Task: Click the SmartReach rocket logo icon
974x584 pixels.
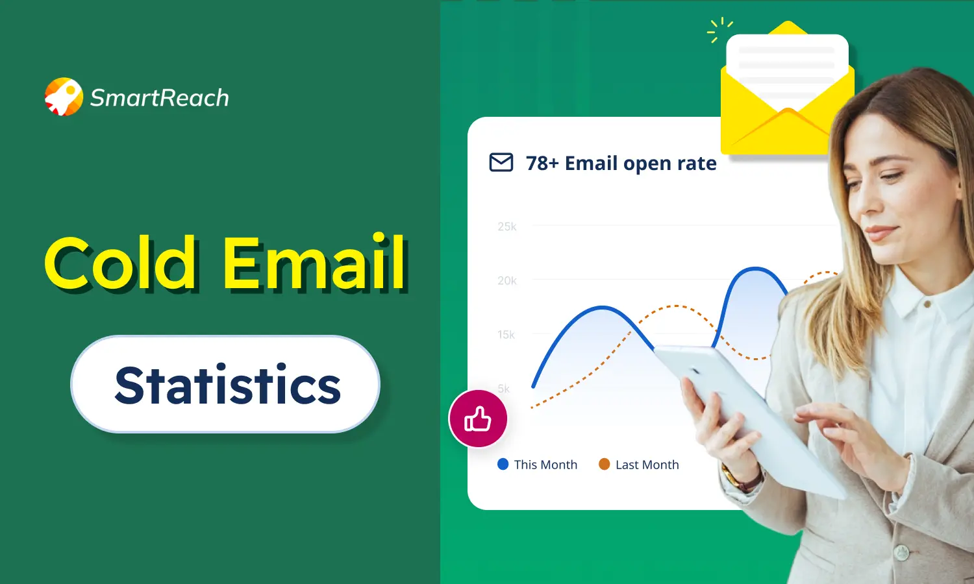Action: (x=64, y=97)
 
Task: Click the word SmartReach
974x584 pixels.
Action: (x=160, y=98)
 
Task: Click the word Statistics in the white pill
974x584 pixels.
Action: (x=227, y=385)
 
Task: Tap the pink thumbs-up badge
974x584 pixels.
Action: (x=478, y=419)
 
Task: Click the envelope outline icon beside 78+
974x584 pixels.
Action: (x=501, y=162)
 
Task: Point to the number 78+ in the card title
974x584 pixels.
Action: (x=542, y=164)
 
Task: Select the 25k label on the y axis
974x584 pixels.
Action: (x=507, y=226)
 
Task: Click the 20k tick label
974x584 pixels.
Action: (x=507, y=280)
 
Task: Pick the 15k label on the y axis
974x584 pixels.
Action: (x=506, y=334)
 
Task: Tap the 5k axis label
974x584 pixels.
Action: (x=504, y=389)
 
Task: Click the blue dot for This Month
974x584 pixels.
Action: (x=503, y=464)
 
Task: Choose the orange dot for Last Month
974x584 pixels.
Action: (x=604, y=464)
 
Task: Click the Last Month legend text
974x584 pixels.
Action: (x=647, y=465)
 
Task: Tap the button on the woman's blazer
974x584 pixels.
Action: (x=901, y=552)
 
